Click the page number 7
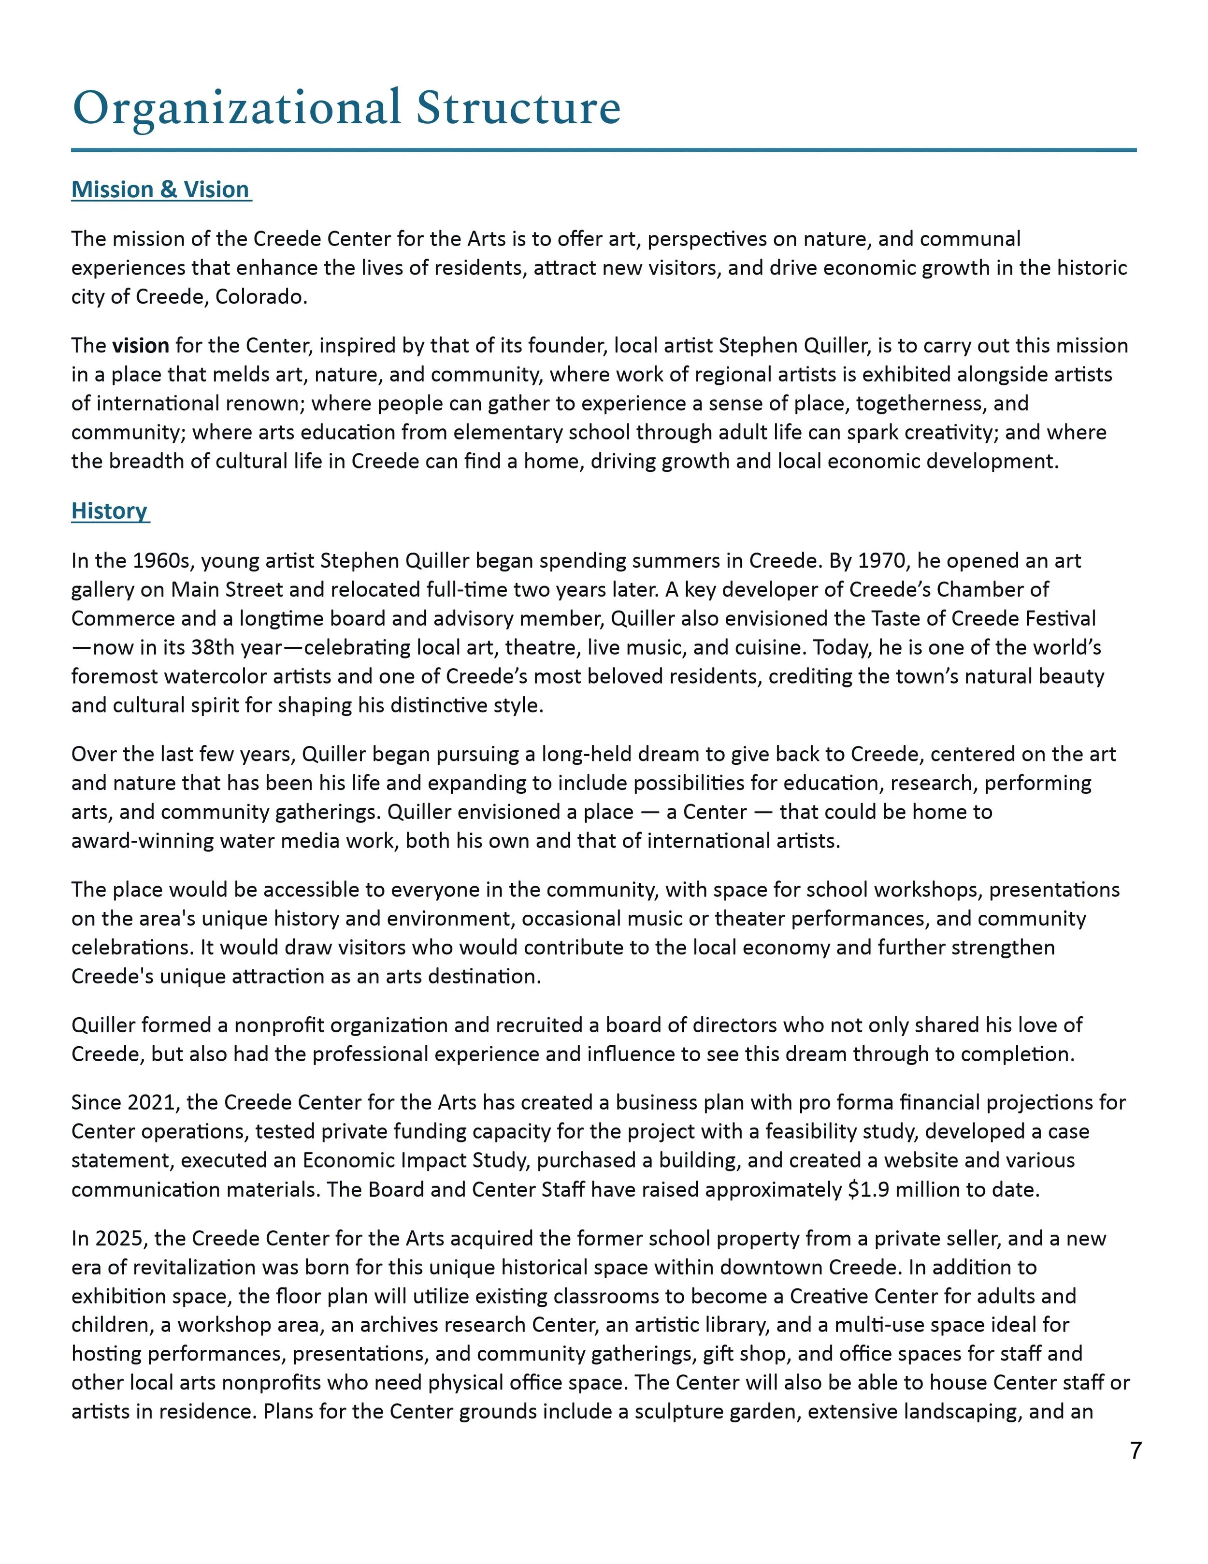pyautogui.click(x=1135, y=1451)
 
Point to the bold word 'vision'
pyautogui.click(x=140, y=346)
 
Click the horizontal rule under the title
pyautogui.click(x=604, y=150)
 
